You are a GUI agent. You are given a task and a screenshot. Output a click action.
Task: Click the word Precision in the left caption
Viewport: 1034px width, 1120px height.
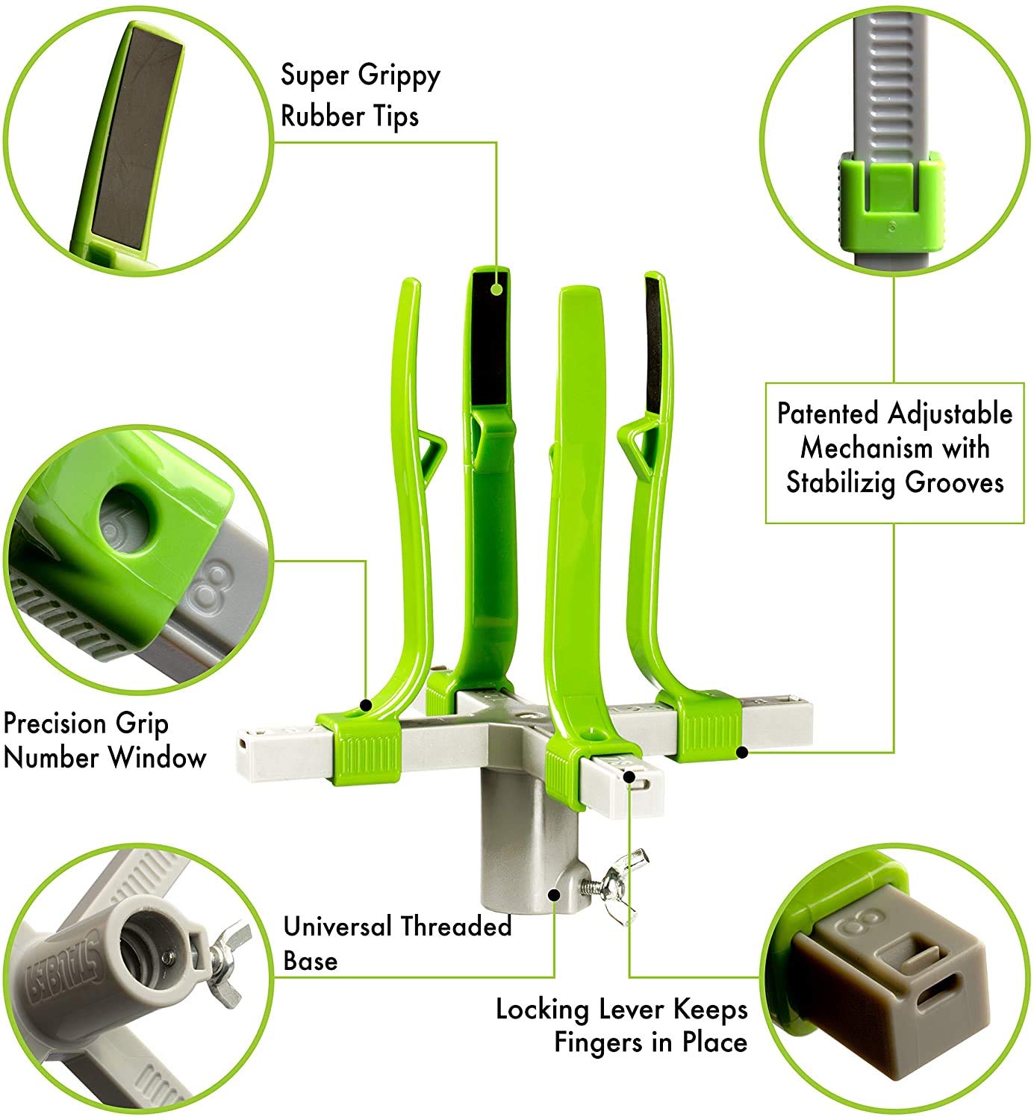[x=55, y=724]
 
